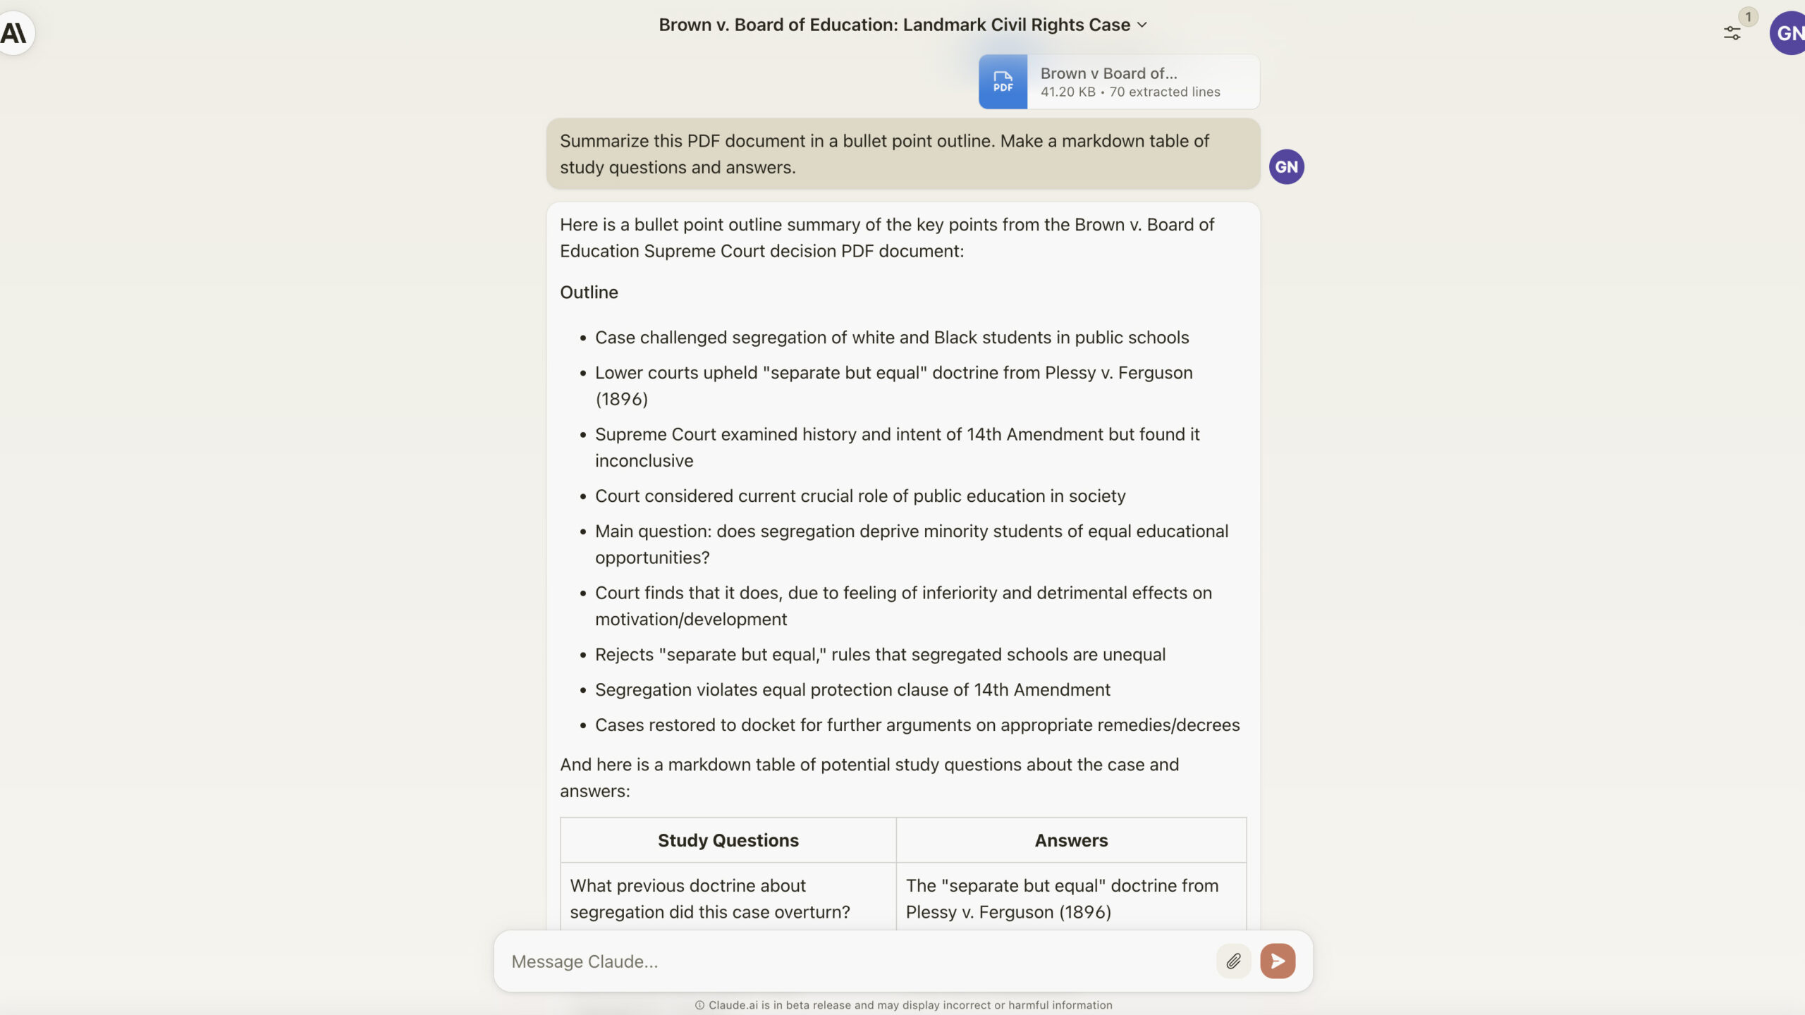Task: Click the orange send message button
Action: coord(1278,961)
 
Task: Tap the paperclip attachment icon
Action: coord(1233,961)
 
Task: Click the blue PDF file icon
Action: coord(1003,82)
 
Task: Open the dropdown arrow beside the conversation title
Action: coord(1142,25)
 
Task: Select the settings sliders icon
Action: coord(1732,33)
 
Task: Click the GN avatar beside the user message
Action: coord(1286,167)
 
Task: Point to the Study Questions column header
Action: coord(728,840)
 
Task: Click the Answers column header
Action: coord(1071,840)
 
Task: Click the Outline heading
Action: coord(589,293)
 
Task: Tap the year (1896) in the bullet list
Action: coord(621,399)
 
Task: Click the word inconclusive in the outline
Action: coord(644,461)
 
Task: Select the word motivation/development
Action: coord(690,620)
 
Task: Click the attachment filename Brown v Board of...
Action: coord(1108,73)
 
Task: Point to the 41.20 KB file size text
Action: coord(1067,92)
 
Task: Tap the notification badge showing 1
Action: coord(1748,17)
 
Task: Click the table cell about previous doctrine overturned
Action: coord(709,899)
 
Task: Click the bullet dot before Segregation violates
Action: coord(583,691)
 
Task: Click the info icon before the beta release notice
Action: coord(699,1005)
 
